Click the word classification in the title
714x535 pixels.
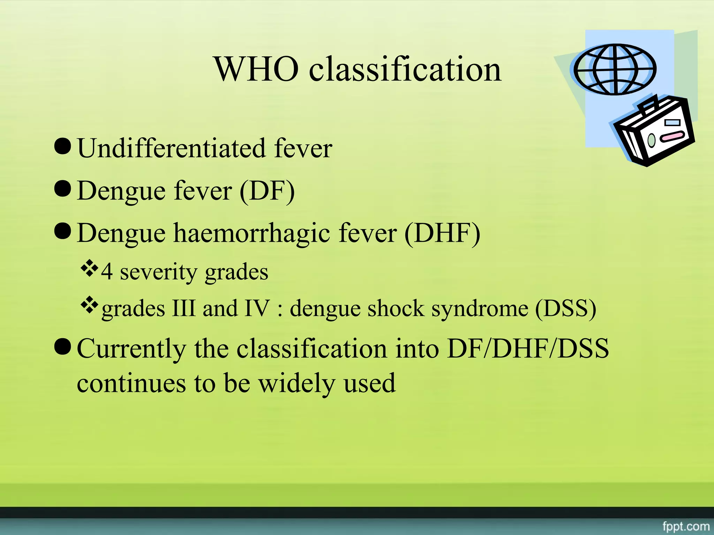[x=405, y=69]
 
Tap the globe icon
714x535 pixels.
[x=615, y=69]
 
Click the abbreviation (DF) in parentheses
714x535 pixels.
[x=267, y=191]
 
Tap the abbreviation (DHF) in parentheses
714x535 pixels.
[x=442, y=233]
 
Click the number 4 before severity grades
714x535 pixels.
[x=107, y=272]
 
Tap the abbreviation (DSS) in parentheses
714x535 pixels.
[x=565, y=309]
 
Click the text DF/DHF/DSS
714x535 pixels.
[x=528, y=349]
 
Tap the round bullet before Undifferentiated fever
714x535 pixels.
[x=63, y=146]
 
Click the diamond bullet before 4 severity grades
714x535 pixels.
[x=90, y=268]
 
